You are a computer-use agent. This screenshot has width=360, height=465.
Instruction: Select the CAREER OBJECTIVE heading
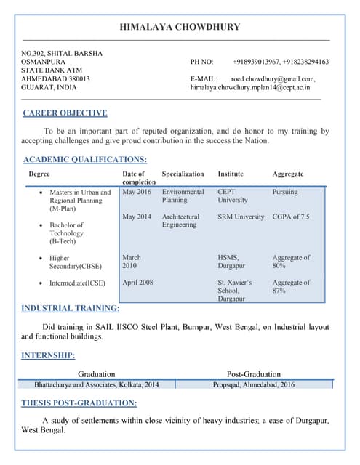tap(65, 113)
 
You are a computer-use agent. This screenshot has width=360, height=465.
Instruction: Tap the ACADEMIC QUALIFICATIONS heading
tap(85, 159)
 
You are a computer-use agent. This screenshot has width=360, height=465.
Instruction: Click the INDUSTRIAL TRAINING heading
tap(71, 309)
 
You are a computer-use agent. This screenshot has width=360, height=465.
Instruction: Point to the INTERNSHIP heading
tap(48, 355)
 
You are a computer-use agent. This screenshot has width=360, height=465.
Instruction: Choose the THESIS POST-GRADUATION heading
tap(79, 403)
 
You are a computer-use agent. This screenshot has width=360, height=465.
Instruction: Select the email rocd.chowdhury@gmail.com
tap(273, 78)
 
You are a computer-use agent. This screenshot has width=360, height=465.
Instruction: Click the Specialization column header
tap(183, 174)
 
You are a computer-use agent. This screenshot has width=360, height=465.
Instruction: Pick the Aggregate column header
tap(288, 174)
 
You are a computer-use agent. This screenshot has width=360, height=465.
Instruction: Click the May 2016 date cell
tap(137, 192)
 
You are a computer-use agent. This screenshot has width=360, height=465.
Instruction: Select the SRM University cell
tap(241, 217)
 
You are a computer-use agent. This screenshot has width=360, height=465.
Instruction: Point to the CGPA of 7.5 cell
tap(291, 217)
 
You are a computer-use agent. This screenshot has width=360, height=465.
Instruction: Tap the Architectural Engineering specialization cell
tap(180, 221)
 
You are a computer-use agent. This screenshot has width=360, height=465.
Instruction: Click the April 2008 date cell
tap(137, 283)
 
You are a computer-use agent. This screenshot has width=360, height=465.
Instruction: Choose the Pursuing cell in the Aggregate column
tap(285, 192)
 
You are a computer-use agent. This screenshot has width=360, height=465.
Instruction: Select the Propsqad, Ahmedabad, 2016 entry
tap(253, 384)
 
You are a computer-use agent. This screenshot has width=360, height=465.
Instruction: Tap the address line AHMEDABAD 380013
tap(56, 78)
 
